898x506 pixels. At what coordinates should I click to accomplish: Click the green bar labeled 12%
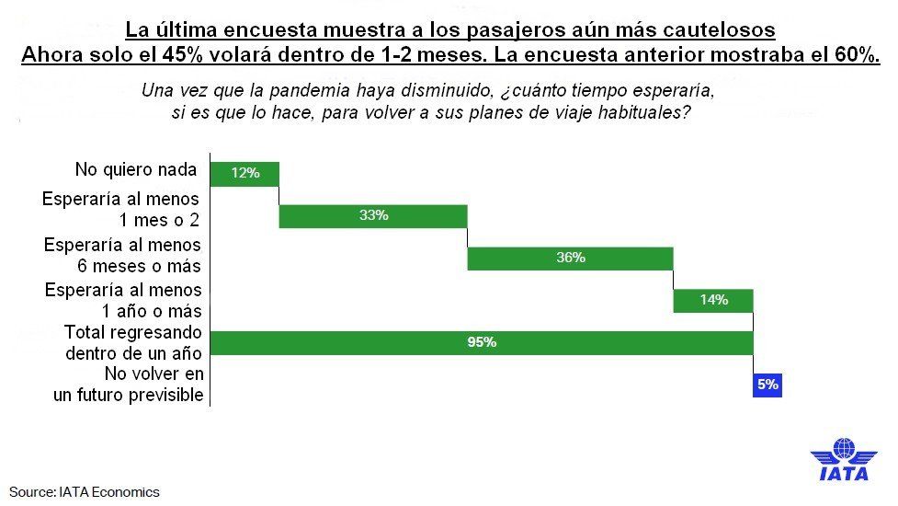(244, 173)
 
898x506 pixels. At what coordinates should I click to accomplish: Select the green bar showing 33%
(373, 215)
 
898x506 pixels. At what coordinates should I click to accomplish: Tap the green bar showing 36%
(570, 258)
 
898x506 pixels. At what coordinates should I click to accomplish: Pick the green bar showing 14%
(713, 300)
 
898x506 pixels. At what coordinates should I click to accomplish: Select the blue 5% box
(767, 385)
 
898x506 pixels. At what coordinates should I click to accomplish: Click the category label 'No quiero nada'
(136, 170)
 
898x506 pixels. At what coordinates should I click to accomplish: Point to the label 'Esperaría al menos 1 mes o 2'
(120, 210)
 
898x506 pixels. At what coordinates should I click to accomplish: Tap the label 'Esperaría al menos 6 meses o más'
(122, 256)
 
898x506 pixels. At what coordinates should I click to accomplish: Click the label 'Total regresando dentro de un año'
(131, 342)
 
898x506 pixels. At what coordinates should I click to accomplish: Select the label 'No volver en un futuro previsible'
(128, 385)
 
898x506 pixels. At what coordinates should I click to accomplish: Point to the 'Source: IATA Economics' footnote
(85, 491)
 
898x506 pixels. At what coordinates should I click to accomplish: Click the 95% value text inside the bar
(482, 342)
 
